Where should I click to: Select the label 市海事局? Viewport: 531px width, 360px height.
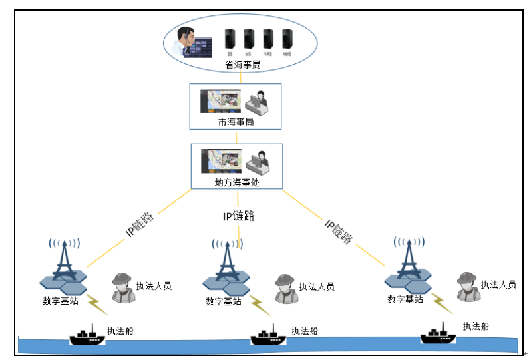236,123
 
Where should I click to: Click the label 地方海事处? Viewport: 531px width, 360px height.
237,182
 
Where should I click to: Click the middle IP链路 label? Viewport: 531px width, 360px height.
238,216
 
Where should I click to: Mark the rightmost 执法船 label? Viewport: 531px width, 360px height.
476,326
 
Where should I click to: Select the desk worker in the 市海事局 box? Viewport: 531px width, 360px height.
257,101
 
